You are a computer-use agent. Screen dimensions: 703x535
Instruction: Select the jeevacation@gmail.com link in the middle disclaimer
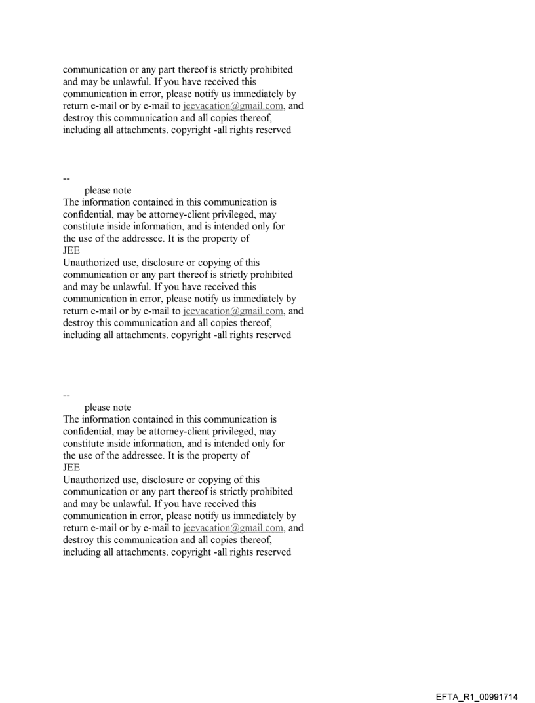click(x=233, y=311)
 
